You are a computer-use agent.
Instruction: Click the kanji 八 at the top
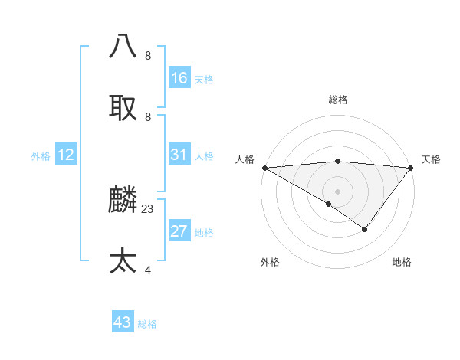click(x=123, y=46)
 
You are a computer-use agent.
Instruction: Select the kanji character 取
click(x=123, y=107)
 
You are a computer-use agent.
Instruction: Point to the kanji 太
click(x=123, y=260)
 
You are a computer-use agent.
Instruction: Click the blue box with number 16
click(x=179, y=78)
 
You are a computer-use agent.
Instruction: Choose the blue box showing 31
click(x=179, y=155)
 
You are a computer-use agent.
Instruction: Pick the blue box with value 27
click(x=179, y=231)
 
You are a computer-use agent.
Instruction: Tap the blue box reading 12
click(x=66, y=155)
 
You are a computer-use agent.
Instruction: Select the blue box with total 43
click(x=123, y=322)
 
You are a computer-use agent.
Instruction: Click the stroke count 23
click(x=148, y=208)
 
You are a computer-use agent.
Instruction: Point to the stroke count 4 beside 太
click(x=148, y=270)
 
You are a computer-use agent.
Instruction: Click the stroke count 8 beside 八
click(x=148, y=56)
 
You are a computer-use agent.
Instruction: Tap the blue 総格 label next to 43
click(x=147, y=324)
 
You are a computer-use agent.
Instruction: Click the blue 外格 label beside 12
click(x=41, y=156)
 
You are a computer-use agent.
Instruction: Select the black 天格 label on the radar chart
click(x=431, y=159)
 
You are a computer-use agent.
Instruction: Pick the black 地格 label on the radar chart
click(x=402, y=262)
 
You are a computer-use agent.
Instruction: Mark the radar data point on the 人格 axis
click(x=264, y=168)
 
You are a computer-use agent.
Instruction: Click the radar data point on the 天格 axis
click(x=411, y=168)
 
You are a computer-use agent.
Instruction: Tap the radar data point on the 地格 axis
click(x=365, y=229)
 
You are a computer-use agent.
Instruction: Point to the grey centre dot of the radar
click(x=337, y=191)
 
